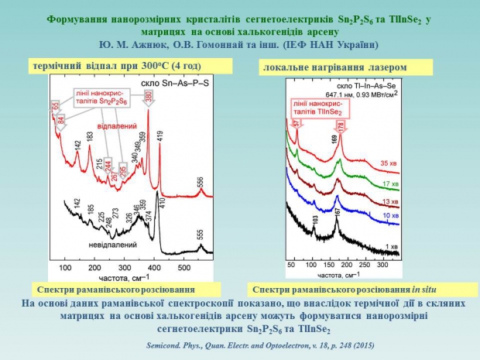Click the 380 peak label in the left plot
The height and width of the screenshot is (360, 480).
point(147,96)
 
